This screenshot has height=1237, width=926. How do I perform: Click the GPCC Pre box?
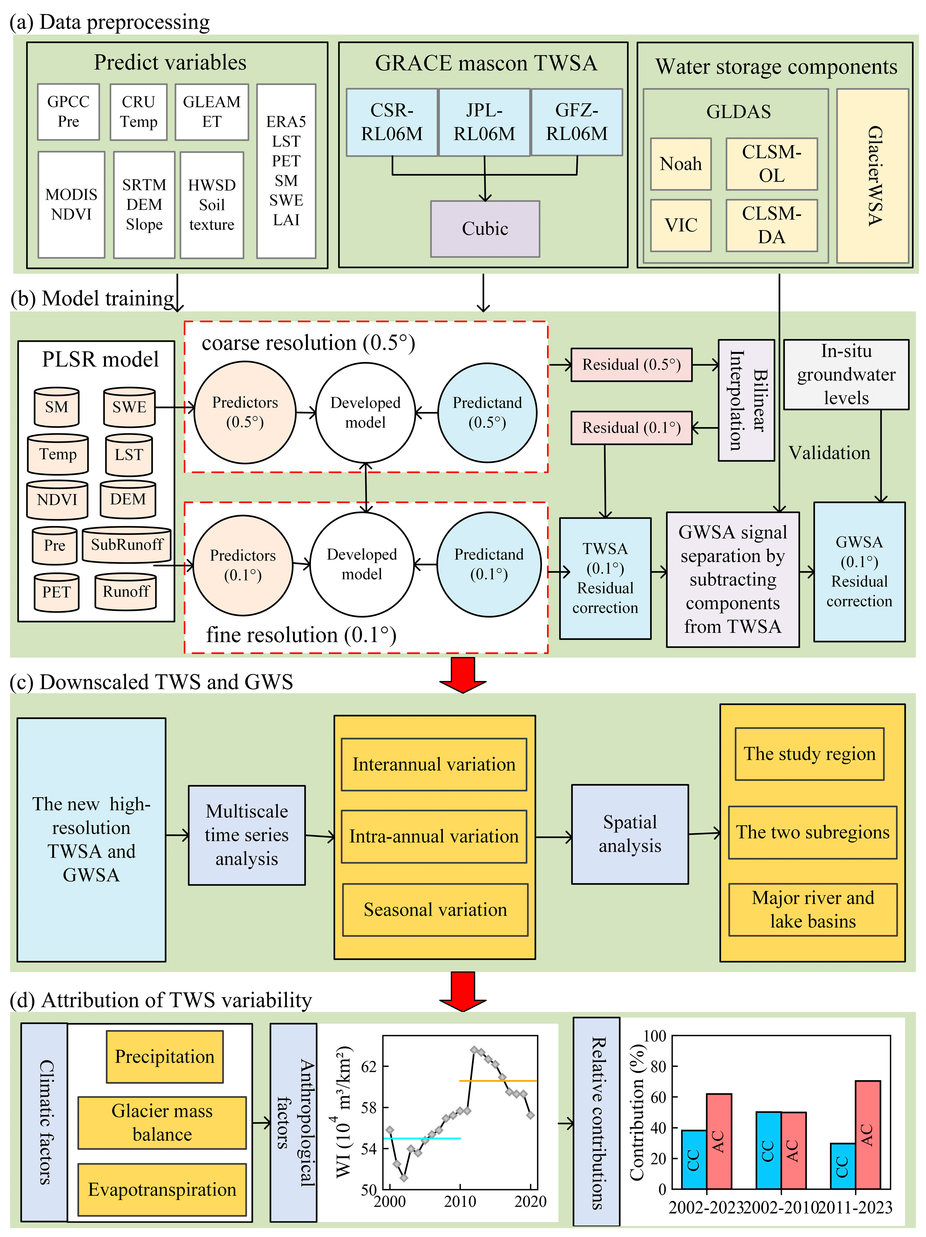pos(68,112)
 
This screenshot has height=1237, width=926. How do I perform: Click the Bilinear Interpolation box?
pos(746,400)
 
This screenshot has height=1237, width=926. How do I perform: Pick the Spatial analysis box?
pos(629,834)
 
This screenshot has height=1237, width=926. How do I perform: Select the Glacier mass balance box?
pos(162,1122)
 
